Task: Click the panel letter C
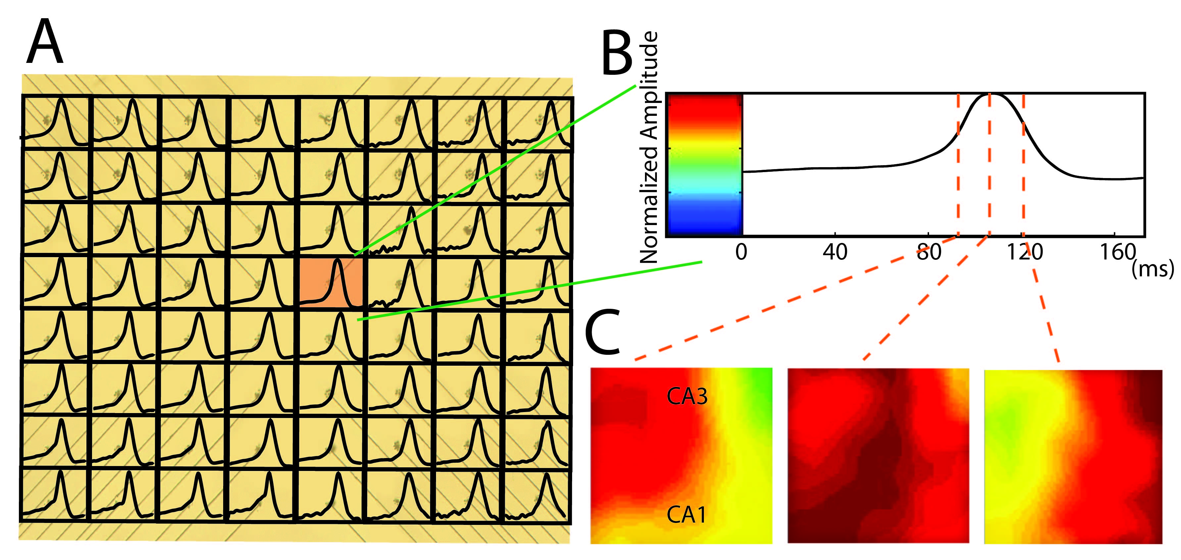(603, 332)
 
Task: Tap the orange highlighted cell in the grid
(331, 282)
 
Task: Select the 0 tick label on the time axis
(741, 253)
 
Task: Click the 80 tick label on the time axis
(929, 253)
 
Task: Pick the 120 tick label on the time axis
(1024, 253)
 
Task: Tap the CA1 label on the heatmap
(686, 515)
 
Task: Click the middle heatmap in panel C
(878, 456)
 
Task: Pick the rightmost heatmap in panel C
(1073, 456)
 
